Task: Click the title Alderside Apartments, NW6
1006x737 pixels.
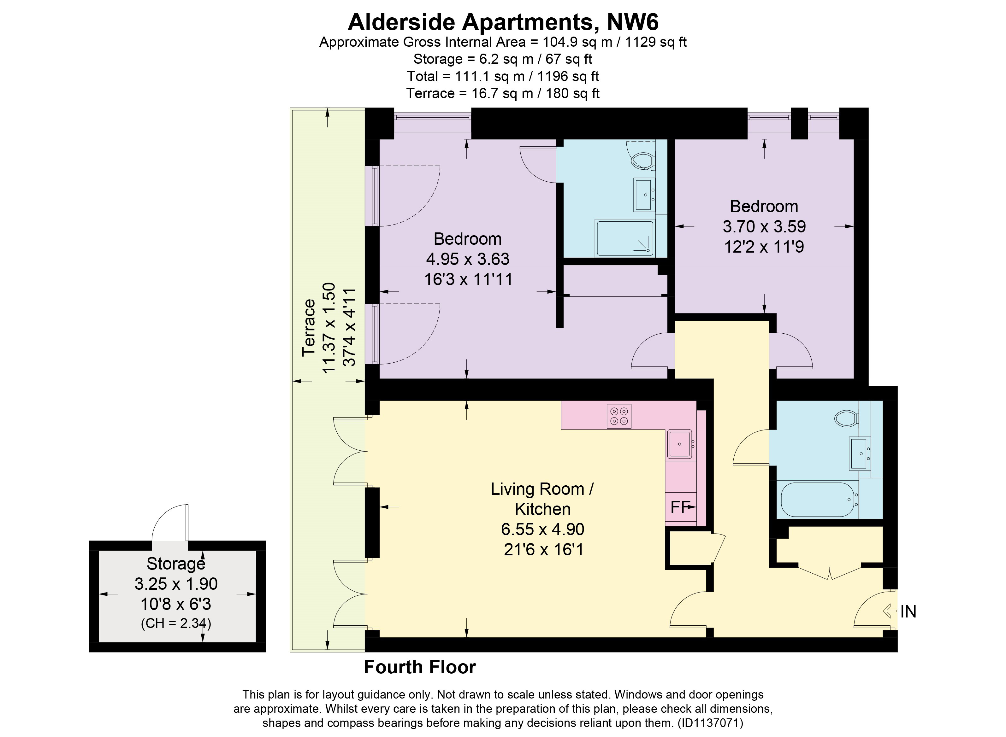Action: (x=503, y=22)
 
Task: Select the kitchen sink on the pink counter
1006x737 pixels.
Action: (x=680, y=444)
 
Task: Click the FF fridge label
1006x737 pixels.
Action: (x=679, y=507)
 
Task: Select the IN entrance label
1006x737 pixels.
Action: (x=908, y=611)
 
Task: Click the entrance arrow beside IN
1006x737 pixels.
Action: (x=890, y=611)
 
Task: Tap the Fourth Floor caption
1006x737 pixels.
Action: (x=420, y=667)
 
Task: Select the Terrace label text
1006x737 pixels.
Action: (x=309, y=328)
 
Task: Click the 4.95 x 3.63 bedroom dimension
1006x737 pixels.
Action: (x=468, y=259)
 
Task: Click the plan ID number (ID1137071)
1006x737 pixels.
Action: (x=710, y=723)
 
